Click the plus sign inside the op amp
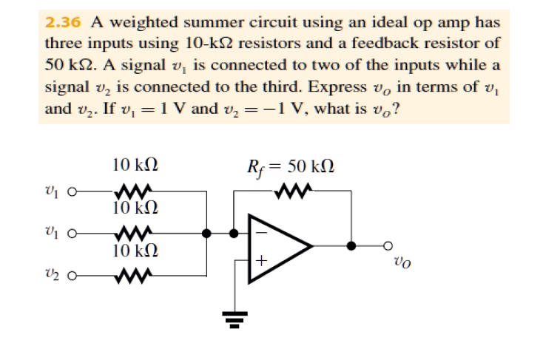[x=260, y=261]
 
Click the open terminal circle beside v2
[x=72, y=279]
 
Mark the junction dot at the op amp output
[x=351, y=246]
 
